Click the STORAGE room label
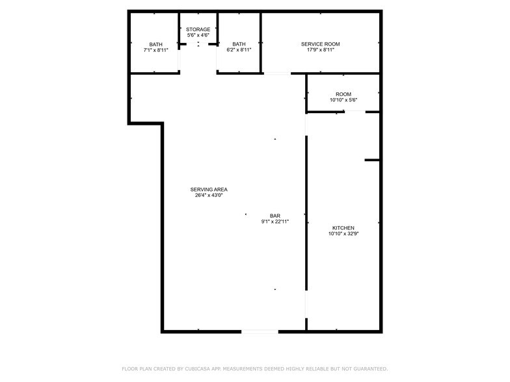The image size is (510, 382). coord(198,29)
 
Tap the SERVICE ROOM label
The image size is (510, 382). coord(320,44)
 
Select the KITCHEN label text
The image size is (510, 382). coord(343,228)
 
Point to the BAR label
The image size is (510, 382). coord(275,216)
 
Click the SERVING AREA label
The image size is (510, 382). coord(209,190)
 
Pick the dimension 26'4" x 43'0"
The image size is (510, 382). coord(209,196)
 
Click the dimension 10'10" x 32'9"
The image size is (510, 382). coord(343,234)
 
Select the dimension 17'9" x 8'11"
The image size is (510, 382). coord(320,50)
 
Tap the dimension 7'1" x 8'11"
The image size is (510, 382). coord(156,50)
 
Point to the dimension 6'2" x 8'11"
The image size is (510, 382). coord(239,50)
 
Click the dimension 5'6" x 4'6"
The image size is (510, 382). coord(198,35)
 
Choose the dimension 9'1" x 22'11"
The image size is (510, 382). coord(275,222)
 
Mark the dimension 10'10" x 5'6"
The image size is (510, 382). coord(343,100)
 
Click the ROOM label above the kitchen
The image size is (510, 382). coord(343,94)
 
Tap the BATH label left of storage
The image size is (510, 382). coord(156,44)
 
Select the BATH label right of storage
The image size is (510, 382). coord(239,44)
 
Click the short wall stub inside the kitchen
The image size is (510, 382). coord(372,160)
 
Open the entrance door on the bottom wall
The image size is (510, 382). coord(260,332)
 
